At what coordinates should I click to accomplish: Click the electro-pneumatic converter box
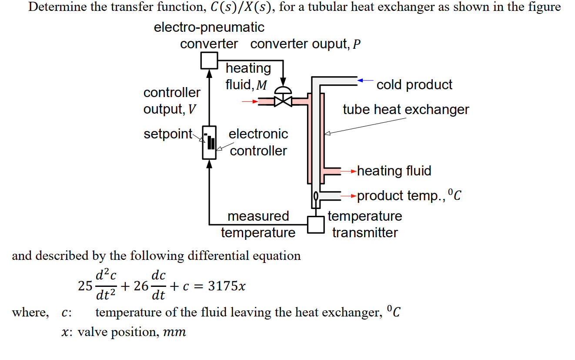coord(209,60)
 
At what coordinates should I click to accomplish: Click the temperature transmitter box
coord(316,225)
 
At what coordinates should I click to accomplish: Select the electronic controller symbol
coord(209,142)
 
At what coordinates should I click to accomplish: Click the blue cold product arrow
coord(365,81)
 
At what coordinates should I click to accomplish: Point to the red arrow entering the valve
coord(250,102)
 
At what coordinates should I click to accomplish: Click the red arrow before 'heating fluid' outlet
coord(349,171)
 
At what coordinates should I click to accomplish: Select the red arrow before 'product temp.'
coord(349,196)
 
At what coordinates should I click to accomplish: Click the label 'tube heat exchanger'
coord(405,109)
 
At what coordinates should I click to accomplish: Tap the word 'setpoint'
coord(168,134)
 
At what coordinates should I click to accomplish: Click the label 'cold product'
coord(414,84)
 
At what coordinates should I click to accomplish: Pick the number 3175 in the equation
coord(223,286)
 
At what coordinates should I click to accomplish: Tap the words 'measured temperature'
coord(258,224)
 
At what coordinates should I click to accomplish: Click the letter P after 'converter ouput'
coord(356,44)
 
